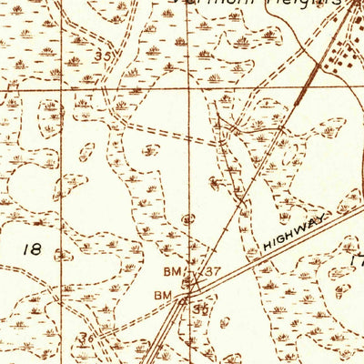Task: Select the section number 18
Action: click(x=30, y=248)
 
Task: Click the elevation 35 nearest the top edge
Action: click(x=109, y=57)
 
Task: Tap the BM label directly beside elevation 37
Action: click(x=173, y=272)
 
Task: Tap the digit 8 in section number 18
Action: click(x=35, y=248)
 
